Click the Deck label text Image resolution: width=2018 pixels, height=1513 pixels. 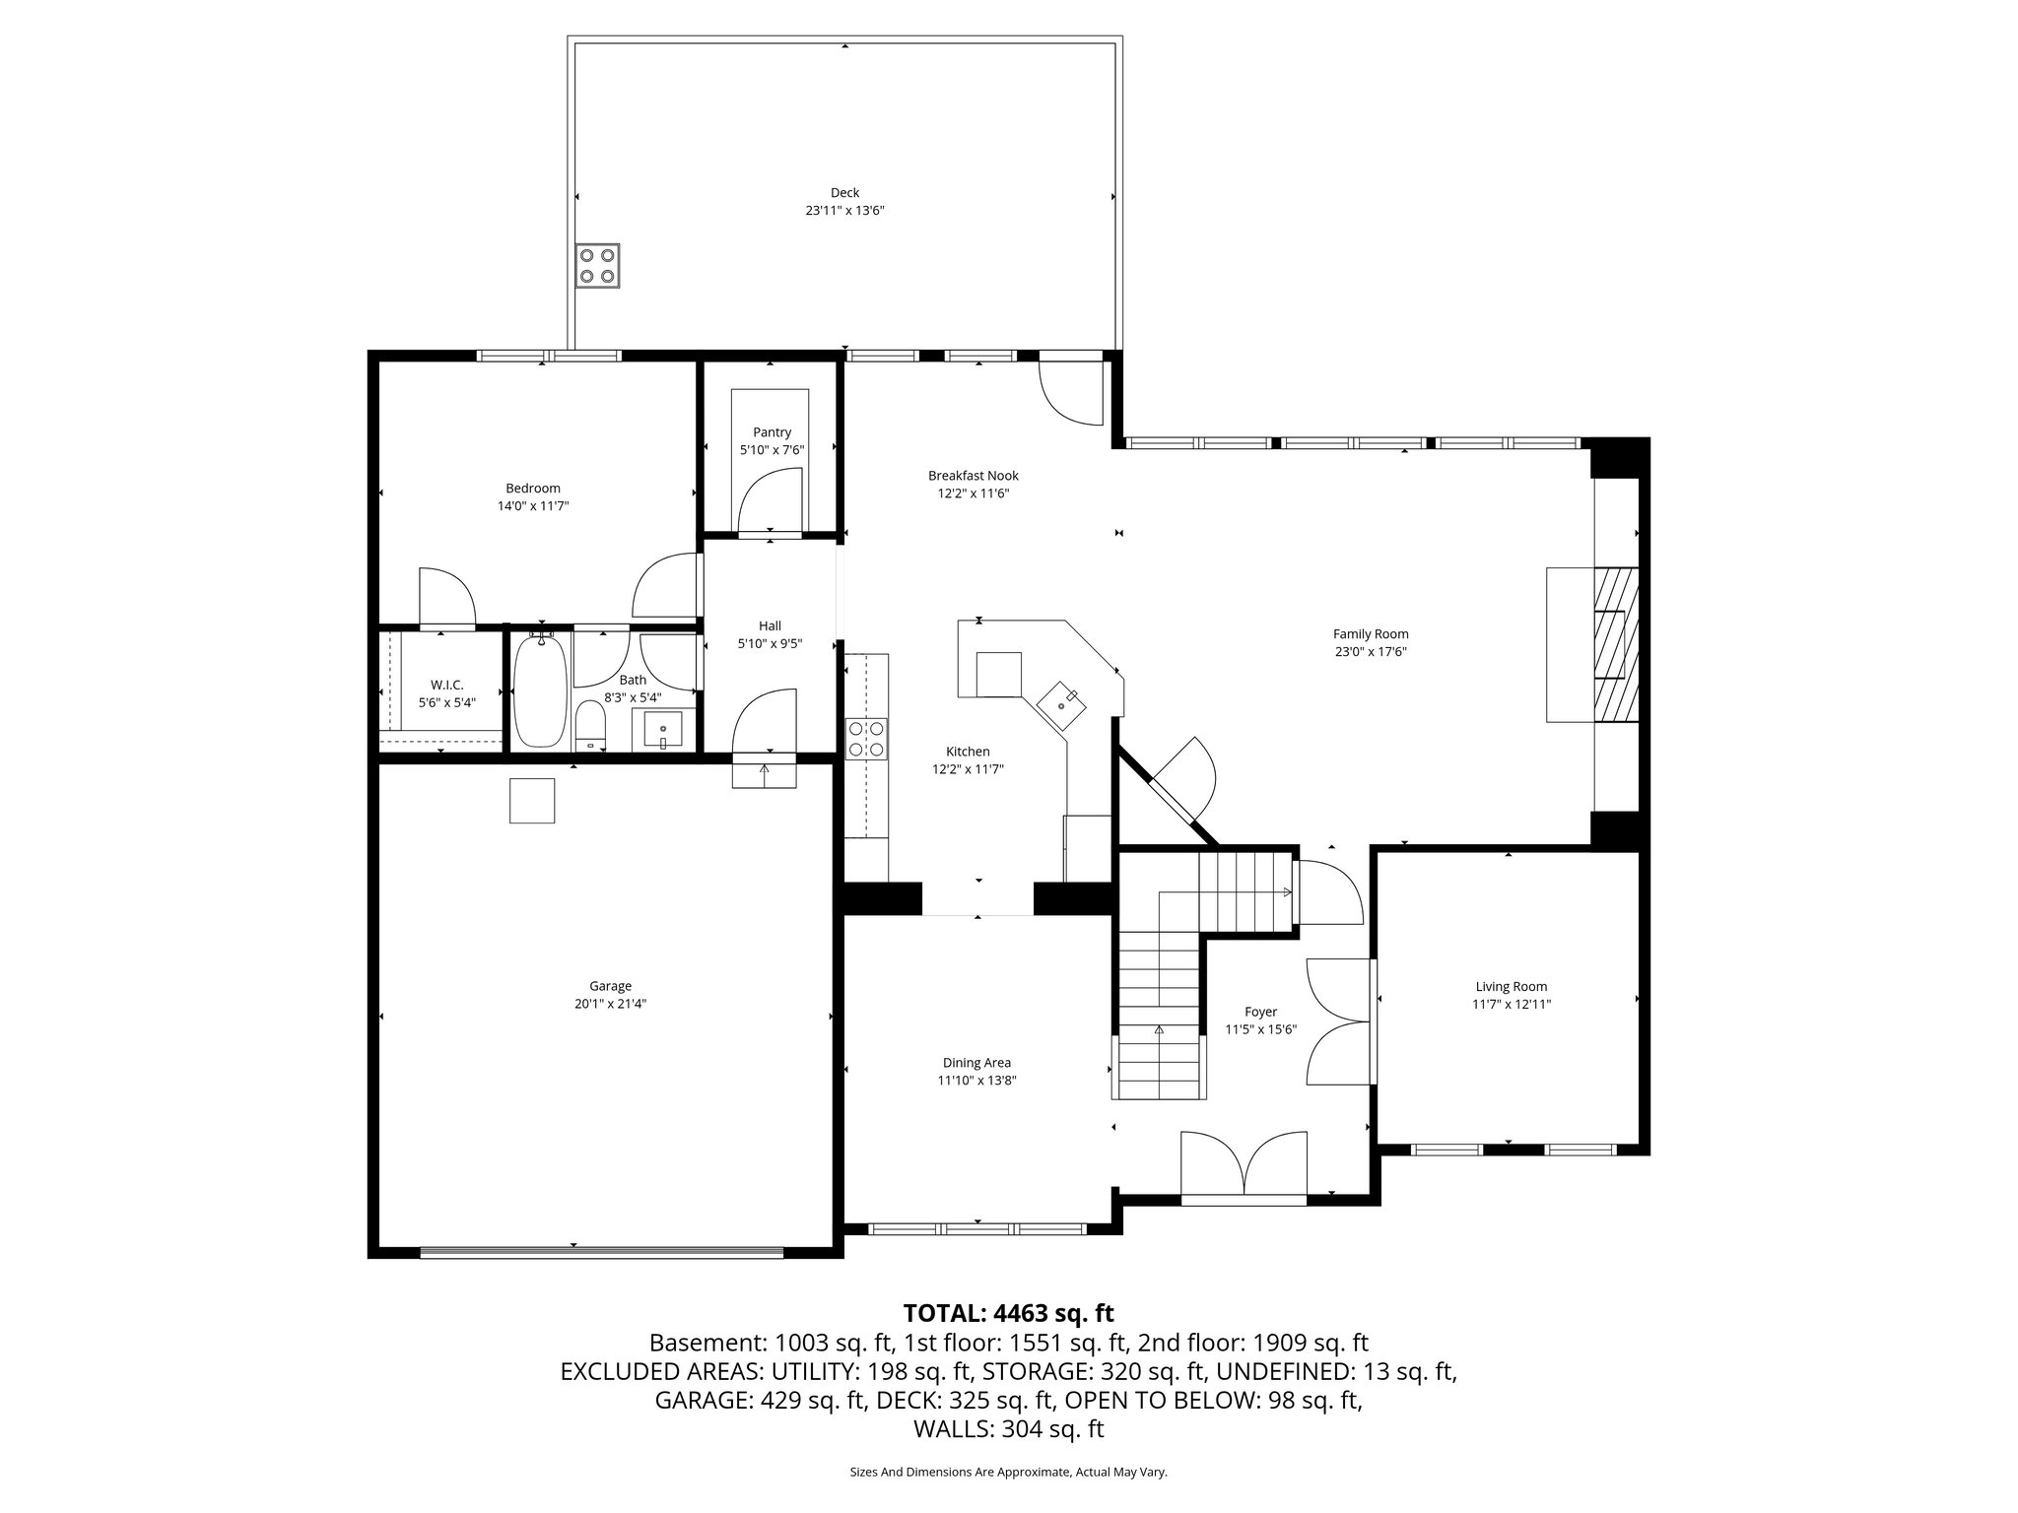[844, 193]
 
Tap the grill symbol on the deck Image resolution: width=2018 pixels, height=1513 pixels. [598, 265]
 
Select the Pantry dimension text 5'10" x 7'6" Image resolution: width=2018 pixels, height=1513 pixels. [772, 450]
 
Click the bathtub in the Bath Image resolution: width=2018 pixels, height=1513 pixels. [540, 691]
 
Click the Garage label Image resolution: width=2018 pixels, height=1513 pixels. [610, 986]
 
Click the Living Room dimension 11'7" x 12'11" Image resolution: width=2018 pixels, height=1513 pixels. [1511, 1005]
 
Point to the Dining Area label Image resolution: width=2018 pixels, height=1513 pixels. [976, 1063]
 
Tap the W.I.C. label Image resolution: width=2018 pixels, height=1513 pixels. [446, 685]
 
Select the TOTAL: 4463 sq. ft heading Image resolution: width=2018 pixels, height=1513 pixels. [1008, 1313]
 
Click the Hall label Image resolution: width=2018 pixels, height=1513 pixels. [770, 625]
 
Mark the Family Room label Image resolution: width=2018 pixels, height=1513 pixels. [1370, 634]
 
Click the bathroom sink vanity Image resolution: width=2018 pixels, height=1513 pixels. [663, 730]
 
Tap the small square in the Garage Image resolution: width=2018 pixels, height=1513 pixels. [532, 800]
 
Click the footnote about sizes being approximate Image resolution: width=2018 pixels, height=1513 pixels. [1008, 1472]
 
